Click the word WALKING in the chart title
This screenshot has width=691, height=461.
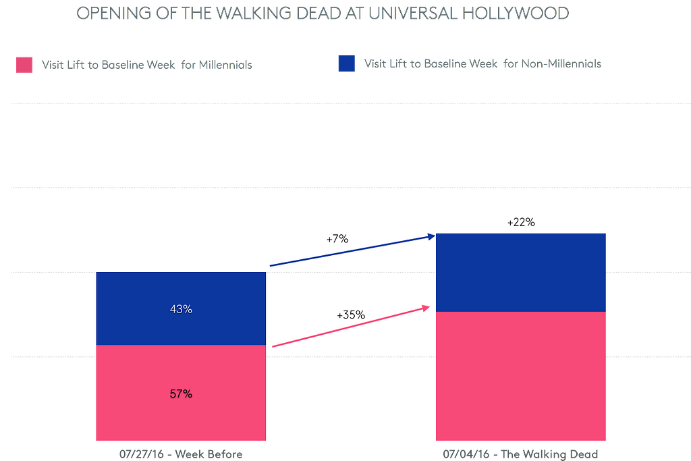pos(262,13)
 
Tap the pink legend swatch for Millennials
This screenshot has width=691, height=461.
pos(24,64)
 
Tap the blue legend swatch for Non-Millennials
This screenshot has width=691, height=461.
pos(346,63)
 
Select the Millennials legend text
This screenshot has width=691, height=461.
pos(146,65)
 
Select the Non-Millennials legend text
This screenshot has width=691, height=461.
pos(482,63)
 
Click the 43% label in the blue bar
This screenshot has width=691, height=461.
pos(181,309)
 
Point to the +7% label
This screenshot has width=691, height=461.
pos(337,238)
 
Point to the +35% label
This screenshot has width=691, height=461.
pos(350,315)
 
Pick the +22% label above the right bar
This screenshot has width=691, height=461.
pos(520,222)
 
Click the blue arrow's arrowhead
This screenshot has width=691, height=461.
pos(431,236)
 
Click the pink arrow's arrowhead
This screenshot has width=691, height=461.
pos(426,308)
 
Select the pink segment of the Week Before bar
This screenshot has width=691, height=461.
pos(181,418)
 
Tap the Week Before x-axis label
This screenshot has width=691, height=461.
pos(181,454)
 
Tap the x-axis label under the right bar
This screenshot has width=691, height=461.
pos(520,454)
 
